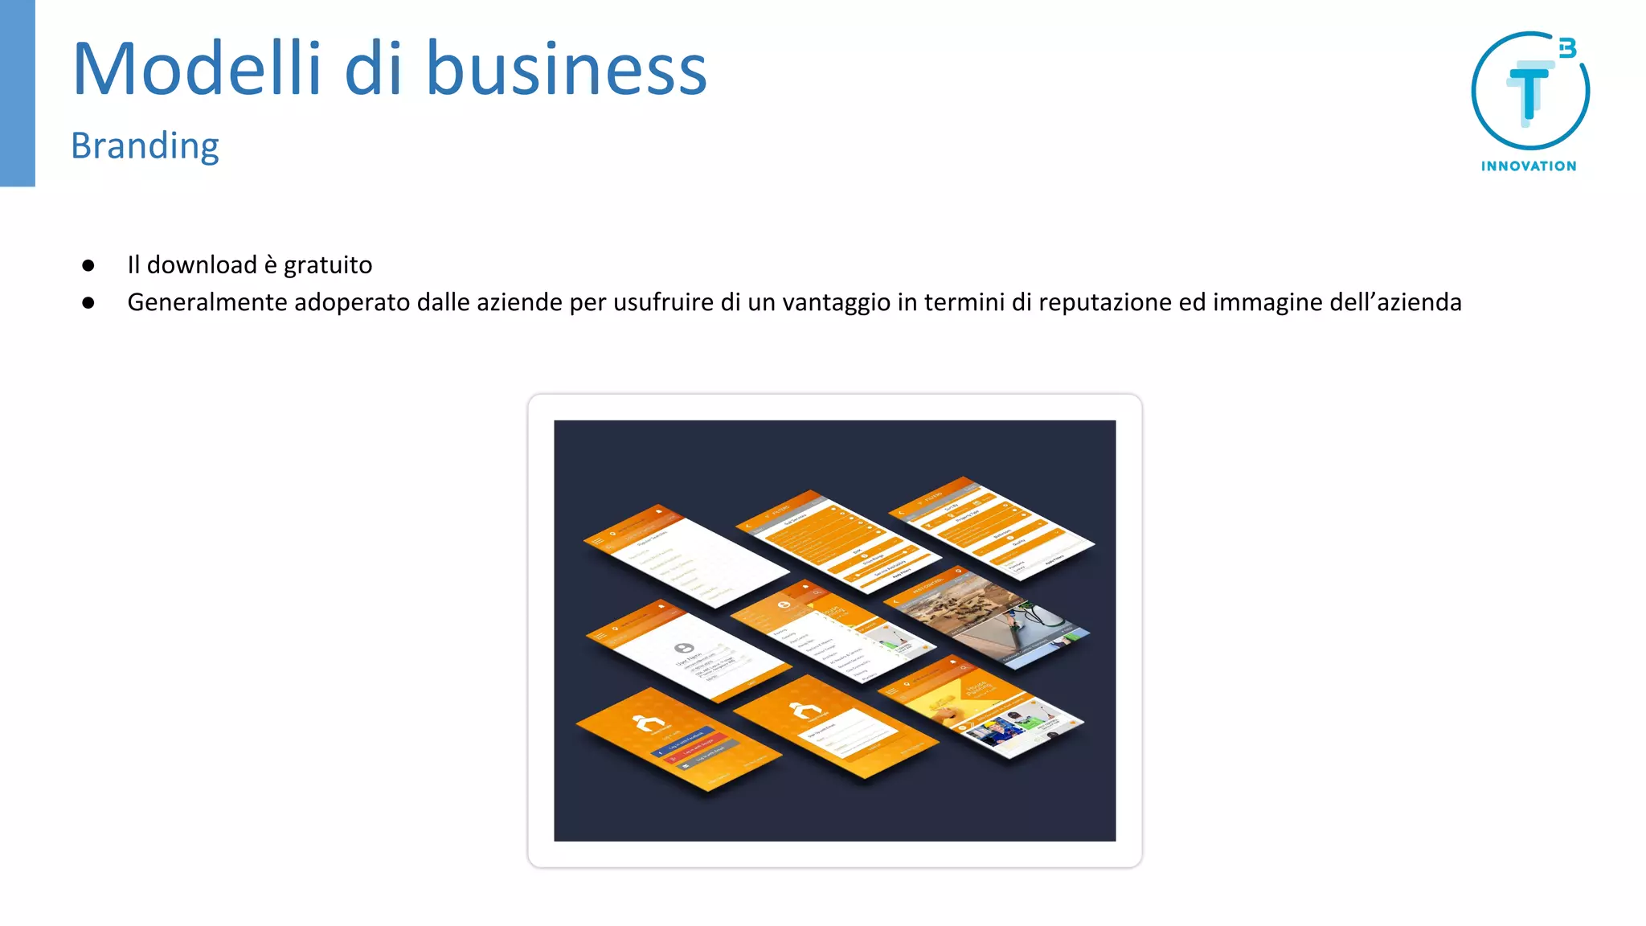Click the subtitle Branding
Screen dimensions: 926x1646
coord(145,146)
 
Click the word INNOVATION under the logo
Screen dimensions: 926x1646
coord(1529,166)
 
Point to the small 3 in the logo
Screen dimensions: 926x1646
coord(1567,48)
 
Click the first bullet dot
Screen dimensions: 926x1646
coord(88,265)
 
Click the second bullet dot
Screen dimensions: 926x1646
coord(88,303)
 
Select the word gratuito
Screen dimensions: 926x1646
coord(328,265)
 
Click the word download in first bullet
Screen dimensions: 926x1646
coord(202,265)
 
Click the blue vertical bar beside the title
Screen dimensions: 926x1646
coord(17,92)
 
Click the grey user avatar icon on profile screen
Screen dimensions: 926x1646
coord(684,648)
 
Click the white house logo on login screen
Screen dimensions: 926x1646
coord(647,723)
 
